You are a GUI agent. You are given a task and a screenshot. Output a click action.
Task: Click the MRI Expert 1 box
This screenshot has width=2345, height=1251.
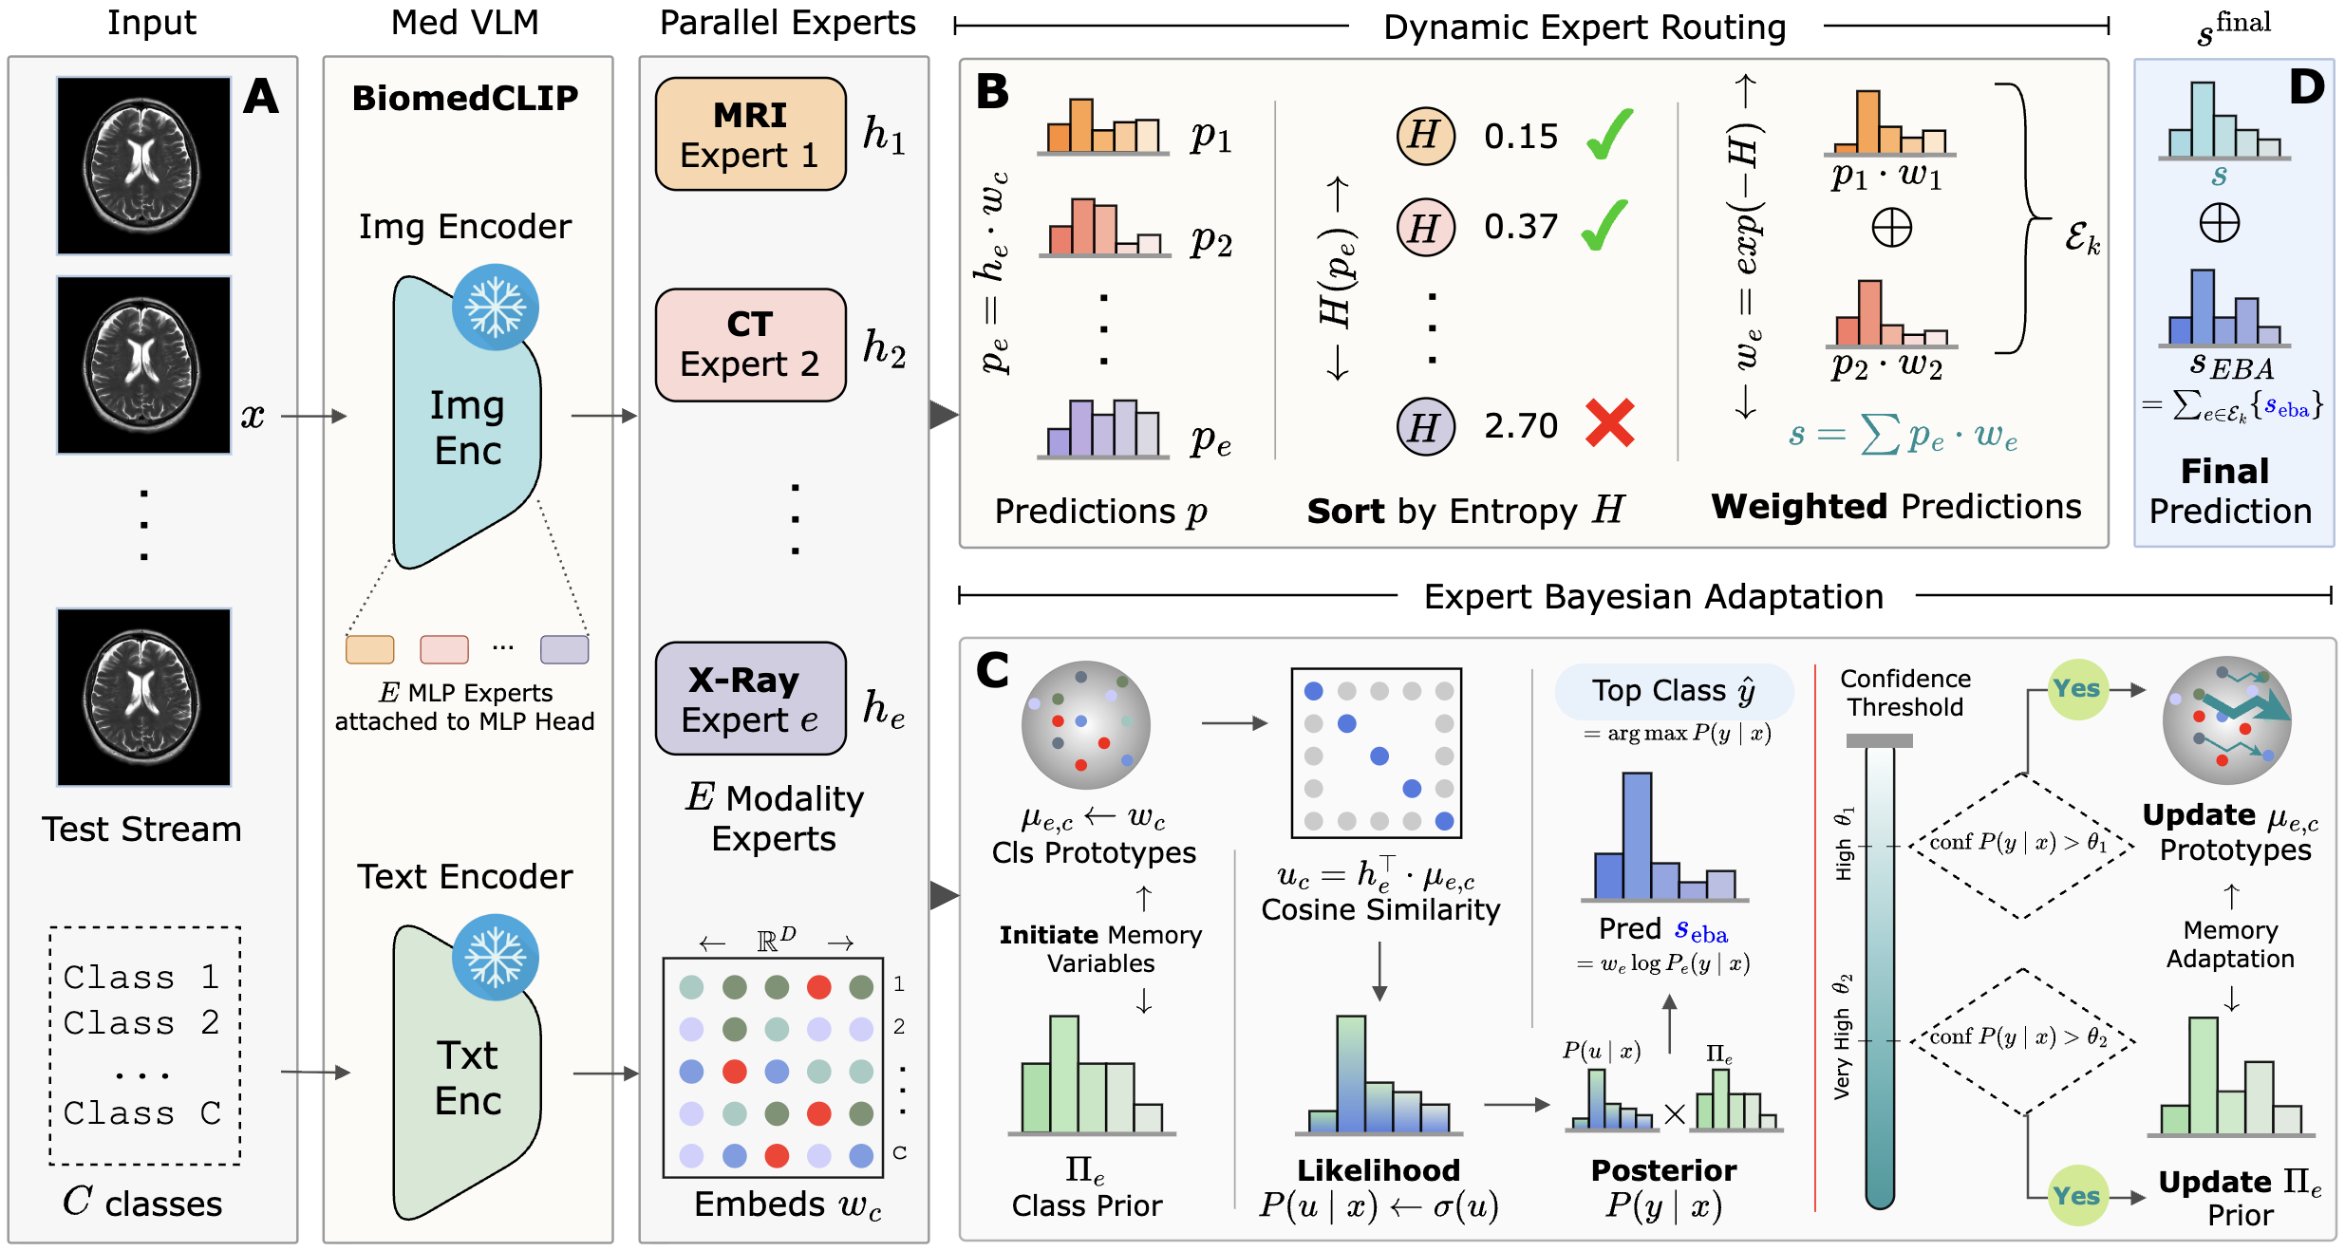pos(750,134)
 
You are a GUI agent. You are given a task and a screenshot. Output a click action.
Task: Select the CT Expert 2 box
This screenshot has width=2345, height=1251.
pos(750,345)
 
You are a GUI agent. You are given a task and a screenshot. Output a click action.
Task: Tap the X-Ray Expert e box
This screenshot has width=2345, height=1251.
pos(750,699)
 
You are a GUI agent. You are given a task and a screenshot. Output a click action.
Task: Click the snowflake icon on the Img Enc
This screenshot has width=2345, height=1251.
pos(496,307)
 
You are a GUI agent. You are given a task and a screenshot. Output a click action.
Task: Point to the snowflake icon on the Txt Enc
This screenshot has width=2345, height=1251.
pos(496,957)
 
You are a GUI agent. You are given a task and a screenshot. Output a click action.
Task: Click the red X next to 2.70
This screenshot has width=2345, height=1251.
pos(1610,422)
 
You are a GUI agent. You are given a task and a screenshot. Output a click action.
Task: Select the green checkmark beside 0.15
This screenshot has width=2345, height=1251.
pos(1610,134)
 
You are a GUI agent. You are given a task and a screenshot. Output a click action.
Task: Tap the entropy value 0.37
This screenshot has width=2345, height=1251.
pos(1521,227)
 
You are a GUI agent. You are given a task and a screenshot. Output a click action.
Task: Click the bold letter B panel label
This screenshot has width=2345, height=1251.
pos(992,92)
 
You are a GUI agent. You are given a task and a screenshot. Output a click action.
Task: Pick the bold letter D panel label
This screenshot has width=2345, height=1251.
pos(2307,87)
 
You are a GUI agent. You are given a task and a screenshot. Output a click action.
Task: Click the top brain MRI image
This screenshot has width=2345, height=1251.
pos(143,165)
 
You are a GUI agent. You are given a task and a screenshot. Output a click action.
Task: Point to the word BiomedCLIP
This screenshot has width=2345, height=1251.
pos(465,98)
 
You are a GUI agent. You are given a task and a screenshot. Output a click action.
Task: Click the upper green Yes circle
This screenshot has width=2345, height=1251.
pos(2077,689)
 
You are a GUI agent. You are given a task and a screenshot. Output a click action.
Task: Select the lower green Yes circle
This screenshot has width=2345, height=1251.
pos(2077,1196)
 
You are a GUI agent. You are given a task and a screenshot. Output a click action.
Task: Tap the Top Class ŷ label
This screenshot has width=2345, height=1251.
pos(1673,691)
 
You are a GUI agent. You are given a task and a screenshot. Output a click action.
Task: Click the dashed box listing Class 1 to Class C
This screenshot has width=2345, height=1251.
pos(145,1045)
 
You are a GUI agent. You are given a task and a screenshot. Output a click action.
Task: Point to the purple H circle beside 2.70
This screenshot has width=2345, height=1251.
pos(1425,427)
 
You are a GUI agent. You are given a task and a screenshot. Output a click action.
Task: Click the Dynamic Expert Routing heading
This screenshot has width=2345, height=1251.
pos(1585,28)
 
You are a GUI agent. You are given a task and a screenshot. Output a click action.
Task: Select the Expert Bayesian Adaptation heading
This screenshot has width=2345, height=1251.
pos(1654,597)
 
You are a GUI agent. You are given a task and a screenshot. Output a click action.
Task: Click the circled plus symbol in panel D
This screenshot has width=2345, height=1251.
pos(2220,224)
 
